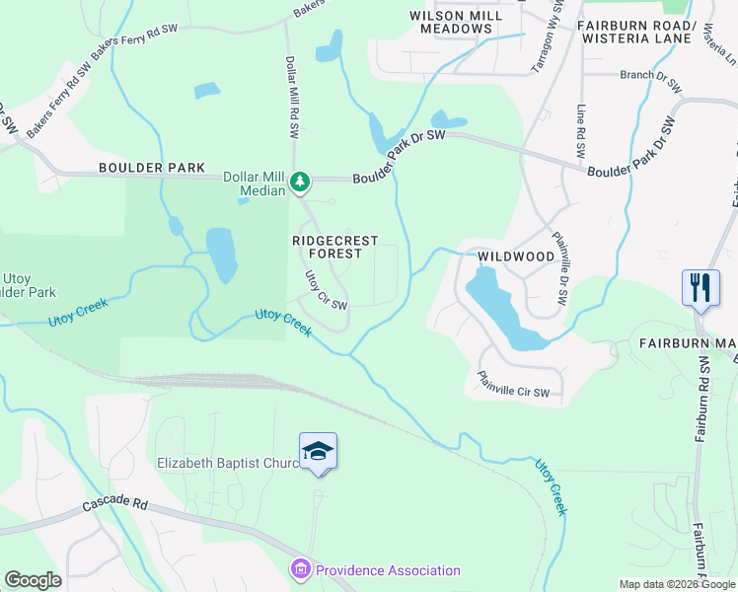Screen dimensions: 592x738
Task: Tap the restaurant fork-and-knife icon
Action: [701, 287]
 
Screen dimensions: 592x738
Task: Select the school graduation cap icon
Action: [318, 451]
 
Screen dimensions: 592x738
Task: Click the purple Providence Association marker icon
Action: [300, 569]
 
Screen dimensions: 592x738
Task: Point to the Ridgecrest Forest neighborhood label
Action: [327, 247]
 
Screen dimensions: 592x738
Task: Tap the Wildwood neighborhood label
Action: [516, 257]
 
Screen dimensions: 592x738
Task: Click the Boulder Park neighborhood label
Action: [151, 169]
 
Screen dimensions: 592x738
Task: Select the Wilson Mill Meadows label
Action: [450, 22]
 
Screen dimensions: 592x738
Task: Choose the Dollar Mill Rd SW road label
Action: [293, 88]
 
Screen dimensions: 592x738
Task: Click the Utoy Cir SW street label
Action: [326, 292]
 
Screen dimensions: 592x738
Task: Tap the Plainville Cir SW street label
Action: [513, 386]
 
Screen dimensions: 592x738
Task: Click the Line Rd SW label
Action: [581, 131]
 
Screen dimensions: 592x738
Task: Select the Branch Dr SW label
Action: [650, 80]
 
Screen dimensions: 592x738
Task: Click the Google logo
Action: [33, 579]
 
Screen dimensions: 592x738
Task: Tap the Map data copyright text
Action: [676, 584]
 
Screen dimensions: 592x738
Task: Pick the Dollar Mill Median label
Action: [255, 184]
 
